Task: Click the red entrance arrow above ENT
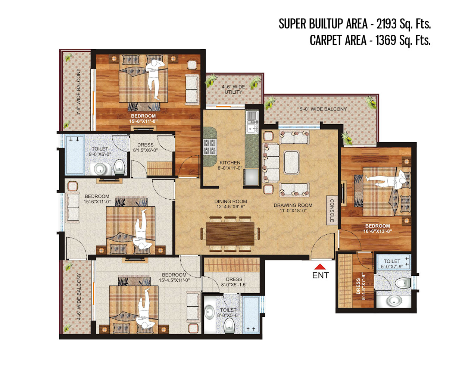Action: pos(319,266)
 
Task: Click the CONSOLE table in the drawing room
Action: pos(331,210)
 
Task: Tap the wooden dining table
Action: pos(230,234)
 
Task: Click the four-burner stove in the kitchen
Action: pos(209,147)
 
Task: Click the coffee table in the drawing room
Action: pos(291,162)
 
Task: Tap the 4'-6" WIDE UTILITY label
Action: pos(233,89)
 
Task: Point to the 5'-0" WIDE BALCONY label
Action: pos(323,109)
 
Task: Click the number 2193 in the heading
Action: pos(386,24)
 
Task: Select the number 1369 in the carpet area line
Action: pos(385,40)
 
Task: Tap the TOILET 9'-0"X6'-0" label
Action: pos(100,151)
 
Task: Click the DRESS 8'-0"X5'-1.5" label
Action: pos(234,282)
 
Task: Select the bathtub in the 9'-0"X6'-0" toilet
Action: pos(74,155)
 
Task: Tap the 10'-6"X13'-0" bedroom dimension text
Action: pos(377,231)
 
